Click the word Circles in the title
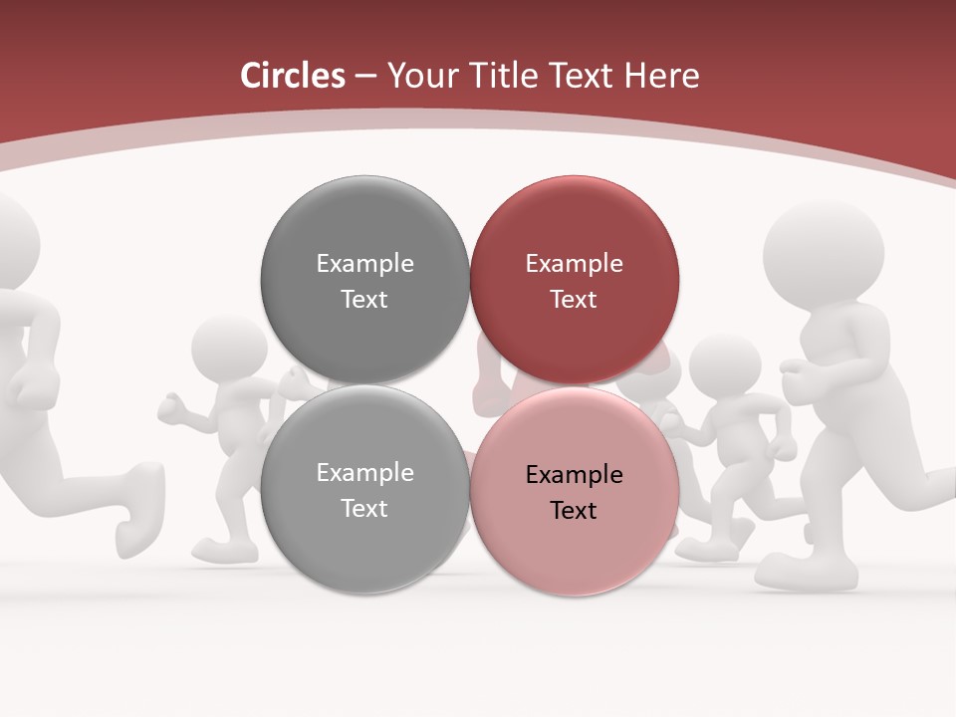point(292,76)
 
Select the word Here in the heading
point(661,76)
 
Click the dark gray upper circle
point(364,280)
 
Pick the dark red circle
point(575,280)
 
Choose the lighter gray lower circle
point(364,489)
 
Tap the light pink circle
point(575,491)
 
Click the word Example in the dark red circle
point(574,264)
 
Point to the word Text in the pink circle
point(574,511)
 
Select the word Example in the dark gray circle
point(364,264)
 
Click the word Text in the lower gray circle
point(364,509)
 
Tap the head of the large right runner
point(824,250)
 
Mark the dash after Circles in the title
point(365,77)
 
